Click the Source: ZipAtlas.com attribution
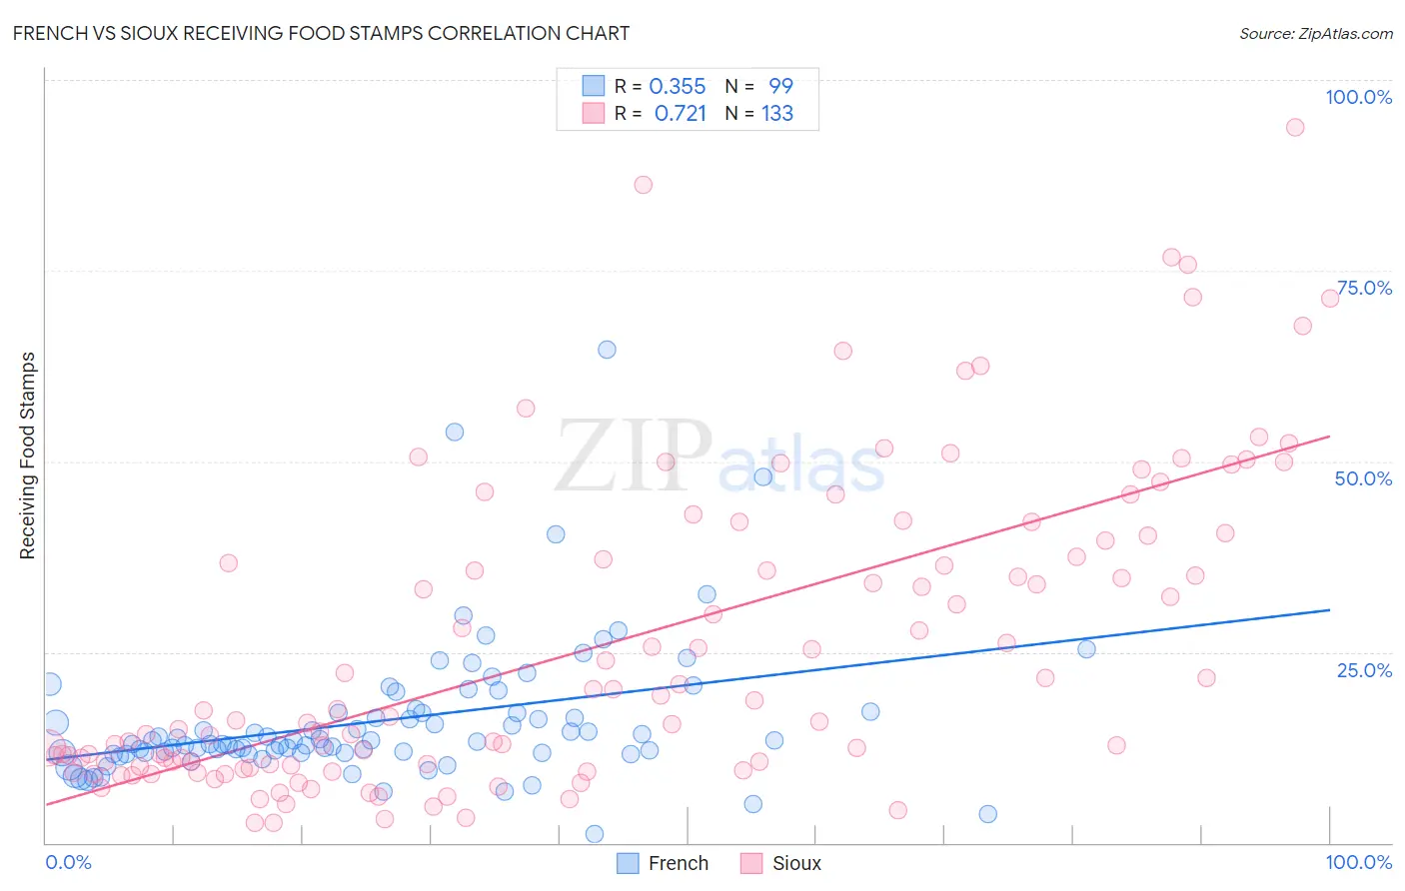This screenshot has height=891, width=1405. pyautogui.click(x=1315, y=33)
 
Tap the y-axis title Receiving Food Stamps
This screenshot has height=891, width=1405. pyautogui.click(x=28, y=455)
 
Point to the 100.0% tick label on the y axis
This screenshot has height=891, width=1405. pyautogui.click(x=1358, y=97)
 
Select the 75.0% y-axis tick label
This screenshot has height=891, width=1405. pyautogui.click(x=1364, y=288)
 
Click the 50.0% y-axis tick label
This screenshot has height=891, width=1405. pyautogui.click(x=1363, y=478)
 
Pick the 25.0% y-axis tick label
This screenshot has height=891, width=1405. pyautogui.click(x=1364, y=670)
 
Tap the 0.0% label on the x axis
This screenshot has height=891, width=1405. pyautogui.click(x=68, y=862)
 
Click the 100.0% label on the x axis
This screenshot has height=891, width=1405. pyautogui.click(x=1358, y=862)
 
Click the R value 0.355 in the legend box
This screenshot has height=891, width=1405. pyautogui.click(x=678, y=87)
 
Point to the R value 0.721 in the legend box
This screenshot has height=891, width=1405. pyautogui.click(x=680, y=114)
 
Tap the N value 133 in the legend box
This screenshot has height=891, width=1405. pyautogui.click(x=777, y=114)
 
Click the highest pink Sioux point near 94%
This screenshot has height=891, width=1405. pyautogui.click(x=1295, y=127)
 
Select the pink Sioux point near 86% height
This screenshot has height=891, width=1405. pyautogui.click(x=644, y=185)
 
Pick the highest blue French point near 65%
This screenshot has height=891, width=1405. pyautogui.click(x=607, y=350)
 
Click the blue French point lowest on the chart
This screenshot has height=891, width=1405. pyautogui.click(x=595, y=834)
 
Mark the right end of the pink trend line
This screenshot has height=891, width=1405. pyautogui.click(x=1330, y=436)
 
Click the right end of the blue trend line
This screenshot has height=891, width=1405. pyautogui.click(x=1330, y=609)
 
